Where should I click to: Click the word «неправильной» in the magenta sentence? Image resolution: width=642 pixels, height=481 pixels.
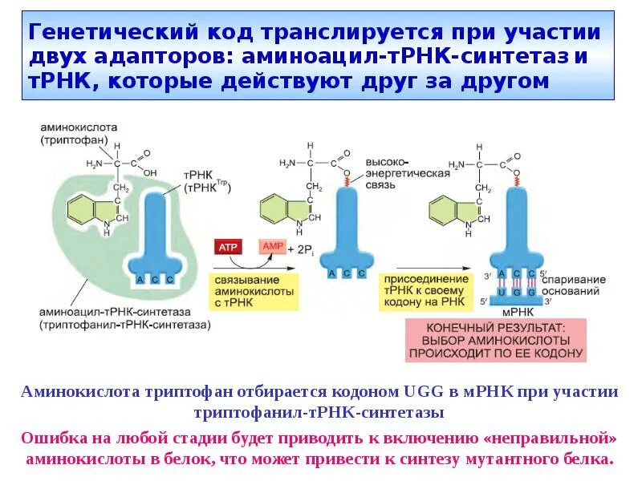548,439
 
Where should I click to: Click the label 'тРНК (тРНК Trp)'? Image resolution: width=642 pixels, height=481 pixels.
207,181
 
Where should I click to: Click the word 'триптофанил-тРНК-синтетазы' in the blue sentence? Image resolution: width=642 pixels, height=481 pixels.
319,412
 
